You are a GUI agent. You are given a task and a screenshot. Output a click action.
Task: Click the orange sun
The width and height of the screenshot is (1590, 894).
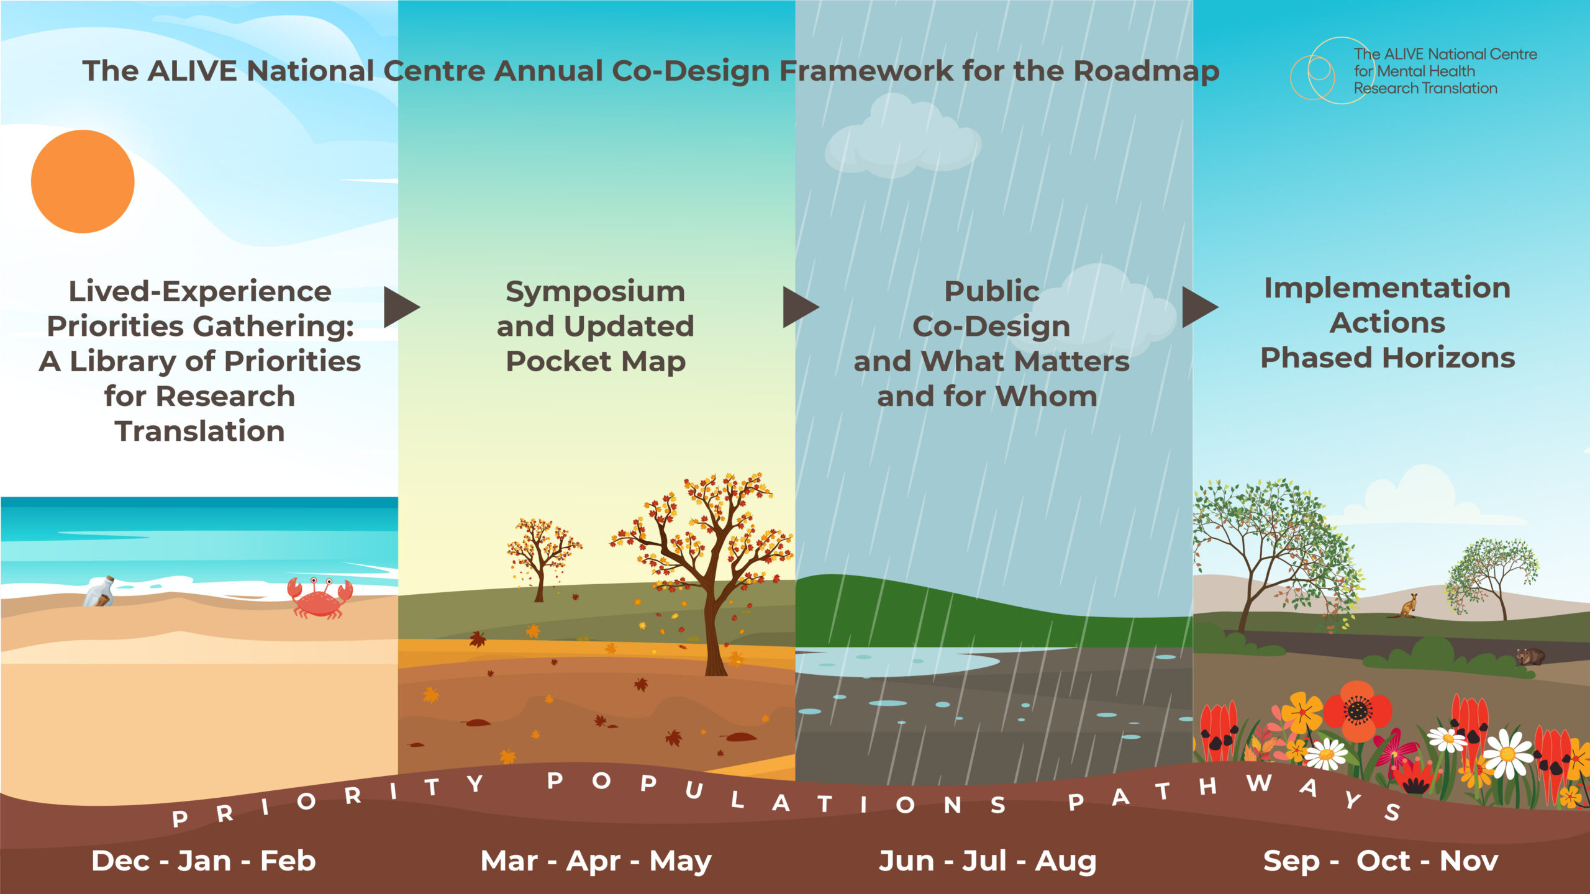[83, 181]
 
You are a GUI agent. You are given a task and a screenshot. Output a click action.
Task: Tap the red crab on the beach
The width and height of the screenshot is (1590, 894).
[319, 598]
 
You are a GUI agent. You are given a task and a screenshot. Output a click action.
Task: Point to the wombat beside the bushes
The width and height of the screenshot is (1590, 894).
[1530, 656]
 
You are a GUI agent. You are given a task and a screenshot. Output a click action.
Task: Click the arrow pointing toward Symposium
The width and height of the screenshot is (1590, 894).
[399, 307]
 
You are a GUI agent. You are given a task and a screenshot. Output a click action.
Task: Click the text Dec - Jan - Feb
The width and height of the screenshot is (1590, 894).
[204, 861]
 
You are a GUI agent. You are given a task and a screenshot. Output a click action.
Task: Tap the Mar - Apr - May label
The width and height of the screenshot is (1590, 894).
[596, 861]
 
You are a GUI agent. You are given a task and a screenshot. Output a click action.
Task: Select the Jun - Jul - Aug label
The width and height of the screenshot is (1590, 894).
[988, 861]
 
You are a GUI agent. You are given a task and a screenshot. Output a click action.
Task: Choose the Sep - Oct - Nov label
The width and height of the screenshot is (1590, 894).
[1381, 861]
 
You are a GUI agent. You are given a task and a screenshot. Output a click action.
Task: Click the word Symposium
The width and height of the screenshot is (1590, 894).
[595, 291]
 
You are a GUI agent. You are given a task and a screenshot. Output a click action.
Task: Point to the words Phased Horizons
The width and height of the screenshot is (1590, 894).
[1388, 358]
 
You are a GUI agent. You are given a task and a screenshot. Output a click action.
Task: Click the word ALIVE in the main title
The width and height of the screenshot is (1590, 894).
[193, 71]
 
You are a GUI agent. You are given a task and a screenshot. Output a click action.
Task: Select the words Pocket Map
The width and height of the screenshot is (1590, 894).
[595, 361]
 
